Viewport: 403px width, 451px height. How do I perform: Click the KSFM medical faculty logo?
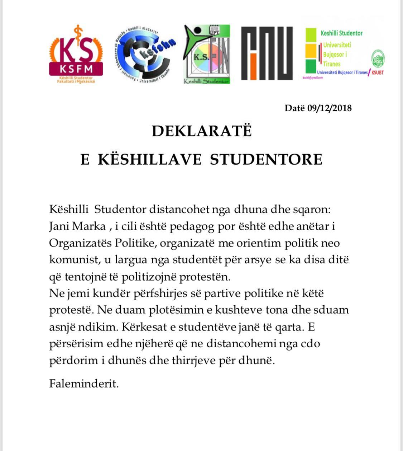76,54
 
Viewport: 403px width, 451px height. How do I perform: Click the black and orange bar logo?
267,53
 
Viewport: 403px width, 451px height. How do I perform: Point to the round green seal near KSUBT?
378,58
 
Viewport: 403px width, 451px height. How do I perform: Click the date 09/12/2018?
329,108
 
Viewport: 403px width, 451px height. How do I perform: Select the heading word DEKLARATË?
202,131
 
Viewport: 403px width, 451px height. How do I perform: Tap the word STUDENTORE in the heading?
266,159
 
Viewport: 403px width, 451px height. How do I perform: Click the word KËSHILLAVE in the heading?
150,159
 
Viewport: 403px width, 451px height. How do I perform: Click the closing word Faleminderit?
84,384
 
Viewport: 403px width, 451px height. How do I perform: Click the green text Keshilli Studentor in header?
341,33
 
